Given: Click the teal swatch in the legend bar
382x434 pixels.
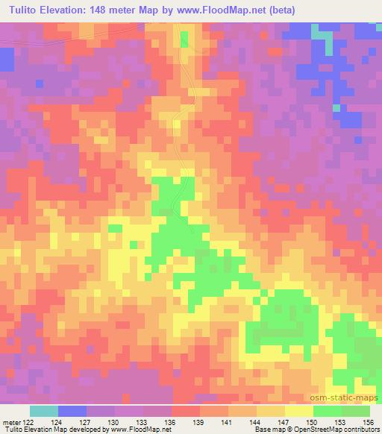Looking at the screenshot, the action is pyautogui.click(x=43, y=410).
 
